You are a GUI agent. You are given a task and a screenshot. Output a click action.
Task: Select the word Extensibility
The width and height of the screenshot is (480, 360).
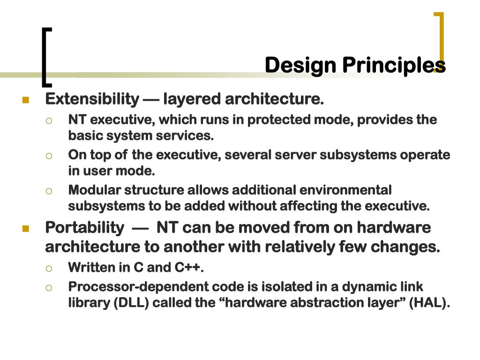click(x=92, y=99)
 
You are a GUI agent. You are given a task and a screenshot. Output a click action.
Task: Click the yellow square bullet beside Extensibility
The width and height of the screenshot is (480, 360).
click(x=25, y=100)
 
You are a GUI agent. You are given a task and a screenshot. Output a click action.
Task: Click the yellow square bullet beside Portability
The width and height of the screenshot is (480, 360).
click(x=25, y=229)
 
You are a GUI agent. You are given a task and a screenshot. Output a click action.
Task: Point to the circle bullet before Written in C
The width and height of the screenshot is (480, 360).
click(x=49, y=268)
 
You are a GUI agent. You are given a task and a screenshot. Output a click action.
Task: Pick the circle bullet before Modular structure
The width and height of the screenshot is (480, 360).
click(x=49, y=191)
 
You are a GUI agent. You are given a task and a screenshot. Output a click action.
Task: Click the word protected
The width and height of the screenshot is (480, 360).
click(x=277, y=120)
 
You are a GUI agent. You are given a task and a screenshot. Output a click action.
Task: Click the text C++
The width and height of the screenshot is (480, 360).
click(x=188, y=268)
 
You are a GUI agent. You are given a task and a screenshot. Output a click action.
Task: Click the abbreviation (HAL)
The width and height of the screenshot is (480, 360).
click(x=428, y=303)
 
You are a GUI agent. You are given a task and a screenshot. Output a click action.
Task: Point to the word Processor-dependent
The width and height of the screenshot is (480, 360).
click(x=133, y=286)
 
